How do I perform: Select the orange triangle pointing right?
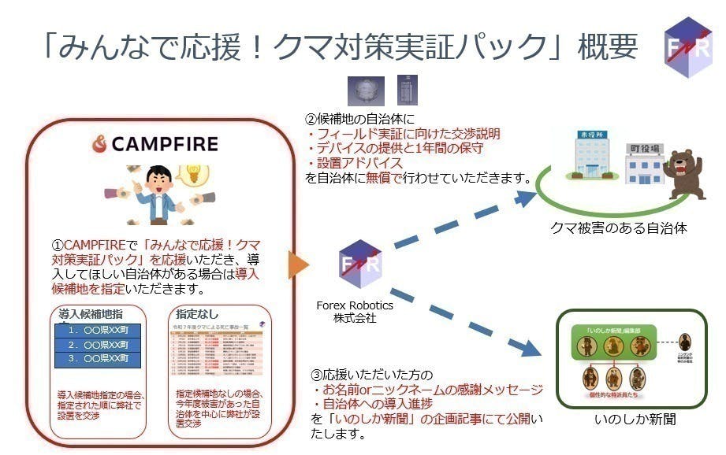(296, 265)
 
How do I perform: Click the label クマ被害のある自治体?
(619, 227)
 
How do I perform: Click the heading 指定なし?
(198, 313)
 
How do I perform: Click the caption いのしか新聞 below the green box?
(635, 420)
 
